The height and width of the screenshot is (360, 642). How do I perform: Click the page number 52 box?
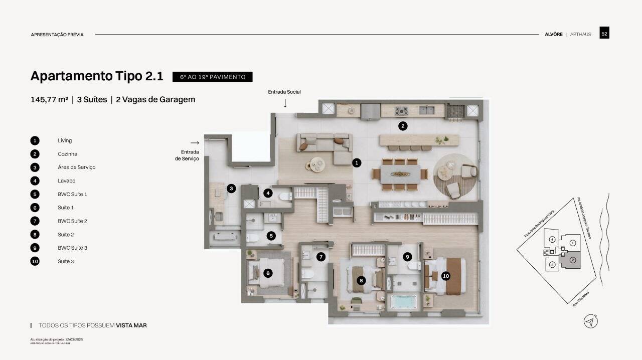(x=604, y=34)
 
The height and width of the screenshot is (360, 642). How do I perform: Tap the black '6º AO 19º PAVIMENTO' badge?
(x=212, y=77)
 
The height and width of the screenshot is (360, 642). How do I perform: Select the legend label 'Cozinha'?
(x=67, y=154)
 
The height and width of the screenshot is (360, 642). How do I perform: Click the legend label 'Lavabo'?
(x=66, y=181)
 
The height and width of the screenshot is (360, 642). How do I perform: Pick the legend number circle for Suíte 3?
(x=35, y=261)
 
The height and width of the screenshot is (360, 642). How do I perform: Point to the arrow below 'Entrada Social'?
(x=285, y=103)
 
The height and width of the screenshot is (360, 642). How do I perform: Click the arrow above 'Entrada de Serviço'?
(x=195, y=143)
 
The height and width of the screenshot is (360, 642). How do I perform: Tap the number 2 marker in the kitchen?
(x=402, y=126)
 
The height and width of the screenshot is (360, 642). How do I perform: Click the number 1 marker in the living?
(x=357, y=162)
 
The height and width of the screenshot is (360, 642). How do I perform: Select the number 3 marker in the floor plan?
(x=231, y=189)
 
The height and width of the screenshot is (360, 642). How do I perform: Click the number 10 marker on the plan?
(x=445, y=276)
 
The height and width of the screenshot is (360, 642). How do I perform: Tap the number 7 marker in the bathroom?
(x=321, y=257)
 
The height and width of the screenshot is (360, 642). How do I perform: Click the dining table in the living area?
(x=400, y=174)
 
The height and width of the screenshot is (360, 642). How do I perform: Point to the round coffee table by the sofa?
(x=317, y=164)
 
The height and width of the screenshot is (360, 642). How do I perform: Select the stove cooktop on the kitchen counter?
(x=402, y=111)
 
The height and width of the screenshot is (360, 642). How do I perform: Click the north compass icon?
(x=591, y=321)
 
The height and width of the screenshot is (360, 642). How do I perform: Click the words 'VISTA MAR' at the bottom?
(x=131, y=325)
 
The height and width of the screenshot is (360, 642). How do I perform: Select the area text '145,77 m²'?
(x=49, y=99)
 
